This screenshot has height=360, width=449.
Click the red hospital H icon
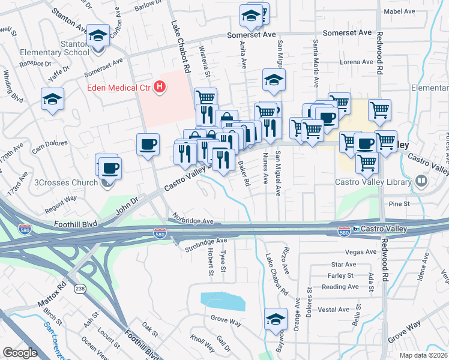(160, 88)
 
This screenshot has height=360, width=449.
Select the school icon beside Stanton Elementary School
(98, 38)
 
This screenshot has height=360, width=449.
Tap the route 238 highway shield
(79, 289)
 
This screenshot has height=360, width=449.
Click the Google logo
(20, 353)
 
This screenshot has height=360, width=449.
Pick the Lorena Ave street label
(356, 62)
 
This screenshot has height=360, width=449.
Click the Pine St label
(399, 204)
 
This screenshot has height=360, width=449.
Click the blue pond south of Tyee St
(222, 301)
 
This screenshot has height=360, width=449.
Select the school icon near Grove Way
(276, 319)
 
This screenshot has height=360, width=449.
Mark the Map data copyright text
(423, 355)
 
